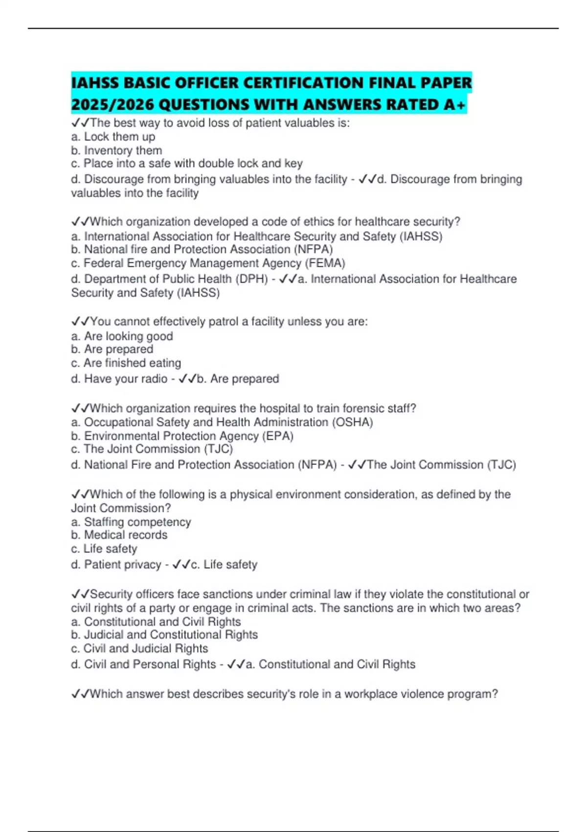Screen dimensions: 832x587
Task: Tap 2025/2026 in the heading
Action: tap(113, 105)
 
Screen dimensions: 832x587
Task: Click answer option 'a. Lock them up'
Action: tap(113, 137)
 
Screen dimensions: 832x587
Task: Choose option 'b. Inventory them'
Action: tap(116, 150)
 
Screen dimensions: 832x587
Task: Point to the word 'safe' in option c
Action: tap(159, 163)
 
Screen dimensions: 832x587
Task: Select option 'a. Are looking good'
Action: tap(122, 336)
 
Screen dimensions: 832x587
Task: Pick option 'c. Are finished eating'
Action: tap(126, 363)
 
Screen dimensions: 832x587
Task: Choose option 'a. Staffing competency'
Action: tap(131, 522)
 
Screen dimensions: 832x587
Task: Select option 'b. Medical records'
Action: tap(119, 535)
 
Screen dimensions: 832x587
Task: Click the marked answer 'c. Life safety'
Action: tap(224, 565)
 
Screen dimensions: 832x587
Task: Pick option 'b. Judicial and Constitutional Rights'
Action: tap(164, 635)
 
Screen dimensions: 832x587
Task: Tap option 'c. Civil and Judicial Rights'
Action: tap(139, 648)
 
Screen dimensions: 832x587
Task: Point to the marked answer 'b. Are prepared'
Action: tap(237, 379)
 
